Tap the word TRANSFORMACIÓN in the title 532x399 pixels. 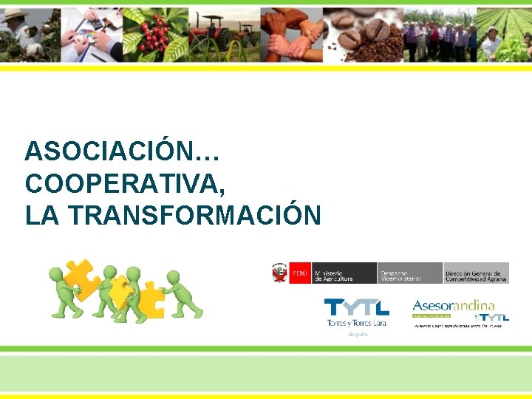point(195,215)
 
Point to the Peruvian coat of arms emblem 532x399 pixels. point(279,273)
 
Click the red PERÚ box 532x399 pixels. point(300,273)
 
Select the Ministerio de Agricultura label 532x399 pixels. point(344,273)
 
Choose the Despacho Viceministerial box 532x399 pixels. point(409,273)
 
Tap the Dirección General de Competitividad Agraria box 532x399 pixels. point(476,273)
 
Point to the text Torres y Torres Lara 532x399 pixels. point(358,323)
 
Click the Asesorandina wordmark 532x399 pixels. point(453,304)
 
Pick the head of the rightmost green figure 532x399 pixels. point(174,277)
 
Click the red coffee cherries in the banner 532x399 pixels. point(154,35)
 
